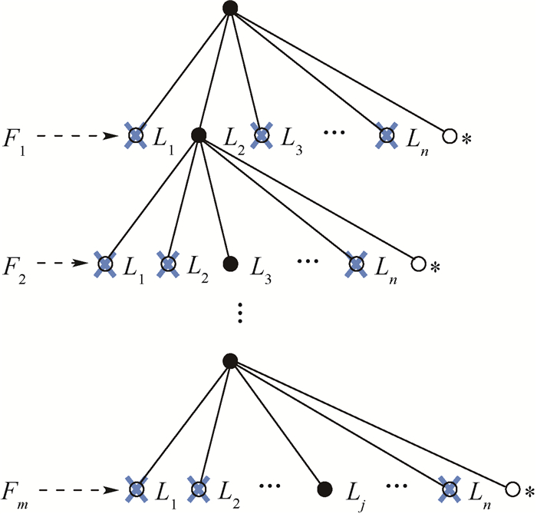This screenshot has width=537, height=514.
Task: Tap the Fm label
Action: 17,489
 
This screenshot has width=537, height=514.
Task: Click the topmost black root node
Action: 228,8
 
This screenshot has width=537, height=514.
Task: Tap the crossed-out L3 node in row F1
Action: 262,136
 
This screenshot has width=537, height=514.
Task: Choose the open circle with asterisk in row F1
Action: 450,137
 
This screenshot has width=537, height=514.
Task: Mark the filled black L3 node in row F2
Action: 229,264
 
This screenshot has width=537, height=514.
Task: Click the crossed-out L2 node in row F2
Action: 168,264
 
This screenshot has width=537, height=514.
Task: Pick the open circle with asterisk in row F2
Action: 418,264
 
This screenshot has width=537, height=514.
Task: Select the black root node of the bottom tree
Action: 228,360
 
